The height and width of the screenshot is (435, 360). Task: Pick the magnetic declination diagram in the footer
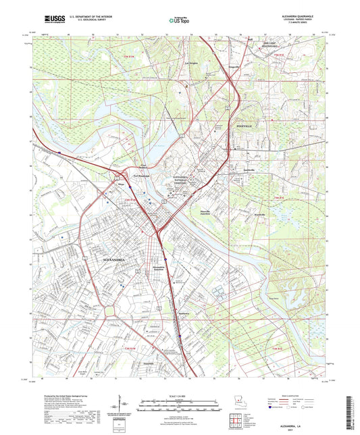click(x=128, y=409)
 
